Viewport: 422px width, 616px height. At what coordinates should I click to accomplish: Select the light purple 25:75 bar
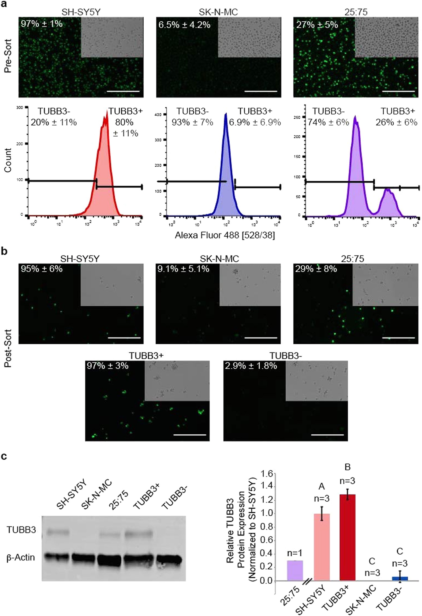click(x=295, y=570)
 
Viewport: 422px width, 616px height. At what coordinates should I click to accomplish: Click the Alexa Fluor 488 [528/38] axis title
click(x=225, y=235)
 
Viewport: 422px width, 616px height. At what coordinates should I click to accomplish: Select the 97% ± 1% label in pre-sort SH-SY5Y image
click(x=42, y=24)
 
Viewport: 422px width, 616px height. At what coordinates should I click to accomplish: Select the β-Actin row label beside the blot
click(x=21, y=557)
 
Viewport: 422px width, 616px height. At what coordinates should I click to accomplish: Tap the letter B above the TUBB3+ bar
click(x=347, y=467)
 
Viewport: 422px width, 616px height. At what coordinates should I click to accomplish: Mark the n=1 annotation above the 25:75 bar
click(x=295, y=553)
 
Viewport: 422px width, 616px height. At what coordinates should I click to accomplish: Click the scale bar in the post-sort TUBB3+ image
click(x=190, y=435)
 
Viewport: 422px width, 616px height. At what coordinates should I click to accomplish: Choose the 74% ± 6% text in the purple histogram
click(x=328, y=122)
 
